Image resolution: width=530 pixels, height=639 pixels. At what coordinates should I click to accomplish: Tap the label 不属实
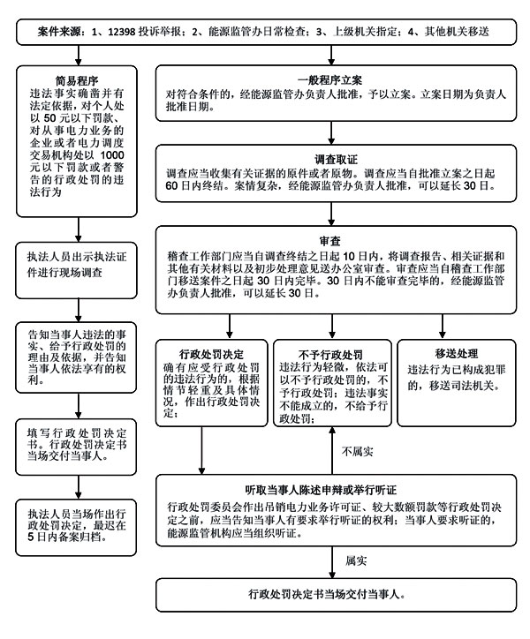[x=357, y=452]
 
